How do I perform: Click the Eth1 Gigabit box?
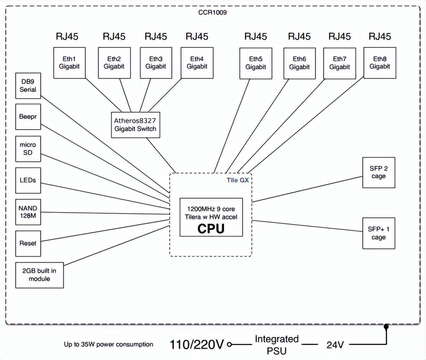(x=69, y=63)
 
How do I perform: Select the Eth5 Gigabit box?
(x=256, y=63)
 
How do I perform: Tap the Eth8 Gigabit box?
(x=379, y=63)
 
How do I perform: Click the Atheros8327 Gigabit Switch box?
(x=135, y=125)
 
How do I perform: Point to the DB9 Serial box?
(x=28, y=86)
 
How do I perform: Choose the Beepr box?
(x=28, y=117)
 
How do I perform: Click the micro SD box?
(x=28, y=149)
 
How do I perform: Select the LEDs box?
(x=28, y=180)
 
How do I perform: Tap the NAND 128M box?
(x=28, y=212)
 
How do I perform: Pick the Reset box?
(x=28, y=243)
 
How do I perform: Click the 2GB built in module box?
(x=39, y=275)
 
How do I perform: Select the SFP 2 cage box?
(x=379, y=172)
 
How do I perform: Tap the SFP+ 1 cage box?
(x=379, y=233)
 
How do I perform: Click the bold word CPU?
(x=211, y=229)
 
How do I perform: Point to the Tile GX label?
(x=237, y=180)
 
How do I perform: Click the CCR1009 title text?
(x=212, y=13)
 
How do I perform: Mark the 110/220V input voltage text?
(x=197, y=345)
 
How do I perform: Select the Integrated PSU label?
(x=277, y=345)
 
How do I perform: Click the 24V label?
(x=335, y=345)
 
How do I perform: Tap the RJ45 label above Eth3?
(x=156, y=37)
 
